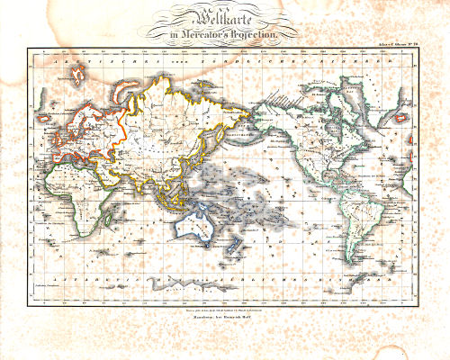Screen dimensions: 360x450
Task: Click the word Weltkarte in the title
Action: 225,16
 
